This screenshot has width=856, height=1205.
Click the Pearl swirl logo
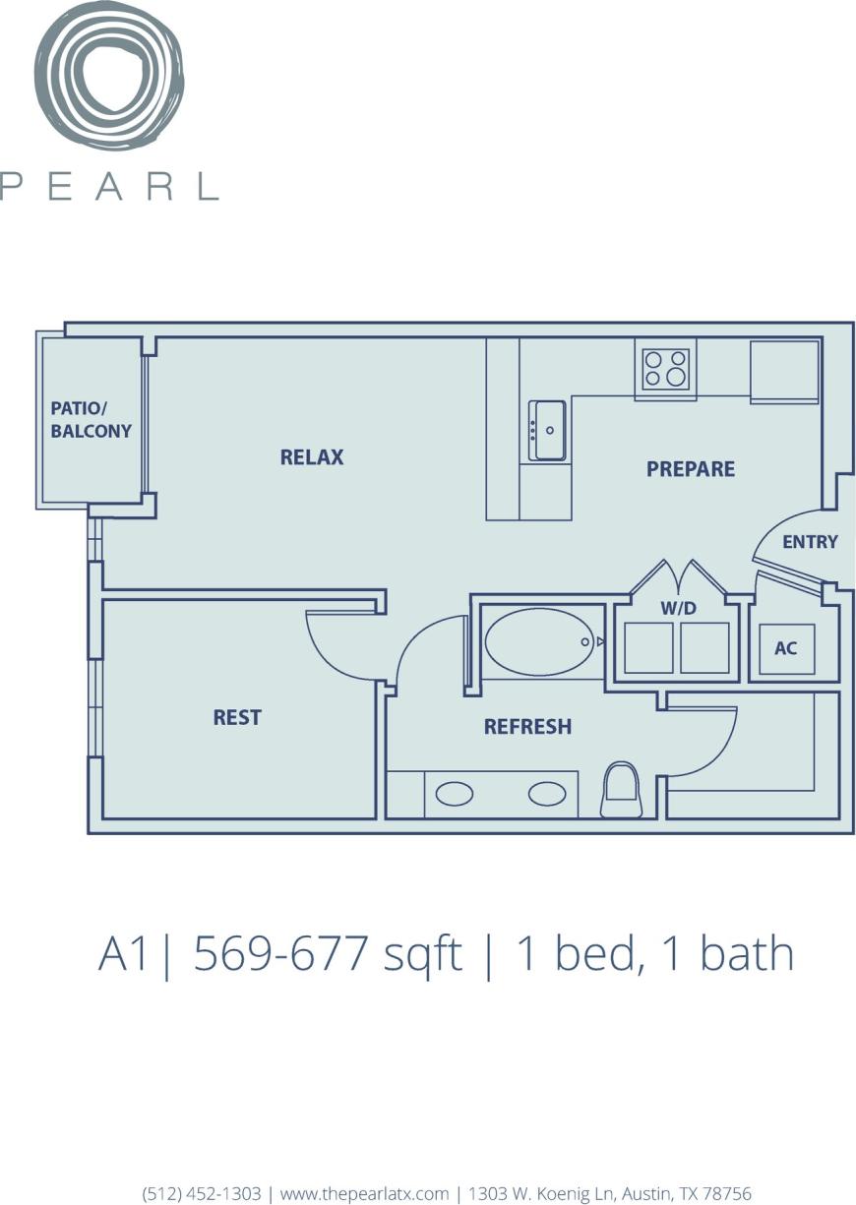[x=109, y=77]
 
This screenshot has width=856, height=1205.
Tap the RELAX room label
[x=312, y=457]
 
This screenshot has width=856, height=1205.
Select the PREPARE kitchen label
[x=690, y=469]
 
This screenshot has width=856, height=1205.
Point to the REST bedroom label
[x=237, y=718]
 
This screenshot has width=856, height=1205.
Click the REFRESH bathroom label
[x=527, y=727]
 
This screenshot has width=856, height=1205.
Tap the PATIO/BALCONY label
[x=91, y=420]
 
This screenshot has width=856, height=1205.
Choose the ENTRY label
[x=810, y=542]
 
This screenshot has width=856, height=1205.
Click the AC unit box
[x=786, y=649]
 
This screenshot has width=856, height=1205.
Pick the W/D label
[x=678, y=609]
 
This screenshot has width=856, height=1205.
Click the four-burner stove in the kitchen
[x=666, y=369]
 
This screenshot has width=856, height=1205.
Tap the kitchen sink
[x=547, y=430]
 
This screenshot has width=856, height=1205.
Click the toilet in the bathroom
[x=621, y=790]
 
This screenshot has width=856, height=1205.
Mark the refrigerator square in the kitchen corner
[x=784, y=371]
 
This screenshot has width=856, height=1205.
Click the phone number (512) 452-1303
[x=202, y=1193]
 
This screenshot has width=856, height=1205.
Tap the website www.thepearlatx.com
[x=364, y=1193]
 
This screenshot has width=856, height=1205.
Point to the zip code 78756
[x=726, y=1193]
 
